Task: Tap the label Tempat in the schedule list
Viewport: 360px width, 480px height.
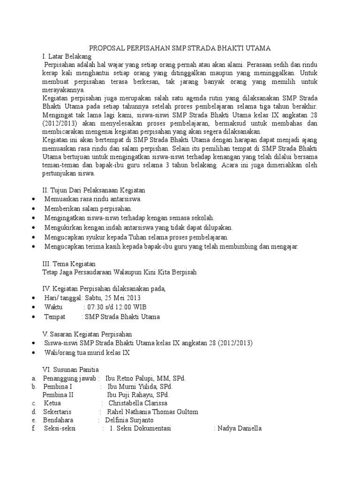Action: pyautogui.click(x=55, y=317)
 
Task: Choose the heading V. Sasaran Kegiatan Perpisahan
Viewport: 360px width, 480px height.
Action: pyautogui.click(x=88, y=334)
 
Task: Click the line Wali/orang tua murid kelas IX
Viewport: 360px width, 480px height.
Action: pyautogui.click(x=87, y=352)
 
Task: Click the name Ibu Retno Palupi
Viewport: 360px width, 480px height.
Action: pyautogui.click(x=131, y=379)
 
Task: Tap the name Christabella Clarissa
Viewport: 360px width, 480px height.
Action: pyautogui.click(x=138, y=403)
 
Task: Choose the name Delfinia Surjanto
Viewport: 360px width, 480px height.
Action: pyautogui.click(x=129, y=420)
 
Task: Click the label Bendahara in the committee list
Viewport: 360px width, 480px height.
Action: pyautogui.click(x=59, y=420)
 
